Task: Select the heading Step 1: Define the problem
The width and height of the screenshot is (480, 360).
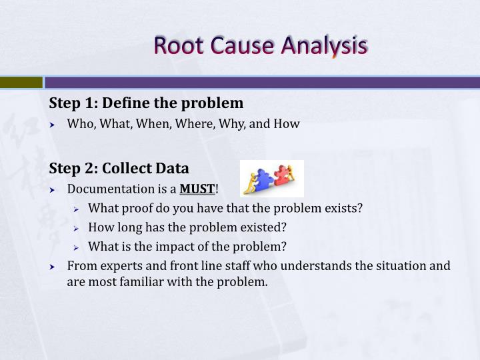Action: [146, 103]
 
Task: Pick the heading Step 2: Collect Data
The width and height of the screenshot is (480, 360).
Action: [119, 168]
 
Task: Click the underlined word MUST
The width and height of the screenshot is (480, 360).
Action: [197, 189]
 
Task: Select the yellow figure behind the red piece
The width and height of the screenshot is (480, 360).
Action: [295, 175]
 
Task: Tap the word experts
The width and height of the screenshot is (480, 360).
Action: [115, 265]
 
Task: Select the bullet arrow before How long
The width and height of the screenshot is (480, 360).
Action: [77, 227]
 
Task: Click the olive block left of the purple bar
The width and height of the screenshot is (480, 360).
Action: [21, 83]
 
